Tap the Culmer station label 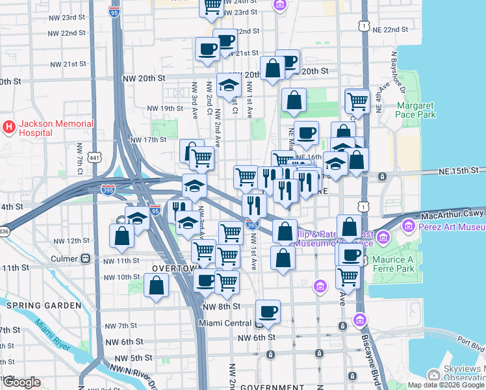pyautogui.click(x=64, y=258)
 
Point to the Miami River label pyautogui.click(x=53, y=336)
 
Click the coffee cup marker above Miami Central pyautogui.click(x=268, y=311)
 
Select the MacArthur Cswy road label pyautogui.click(x=453, y=214)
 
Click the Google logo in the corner pyautogui.click(x=21, y=382)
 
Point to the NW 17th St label pyautogui.click(x=148, y=140)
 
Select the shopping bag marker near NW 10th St pyautogui.click(x=157, y=285)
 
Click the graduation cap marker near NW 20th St pyautogui.click(x=228, y=85)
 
